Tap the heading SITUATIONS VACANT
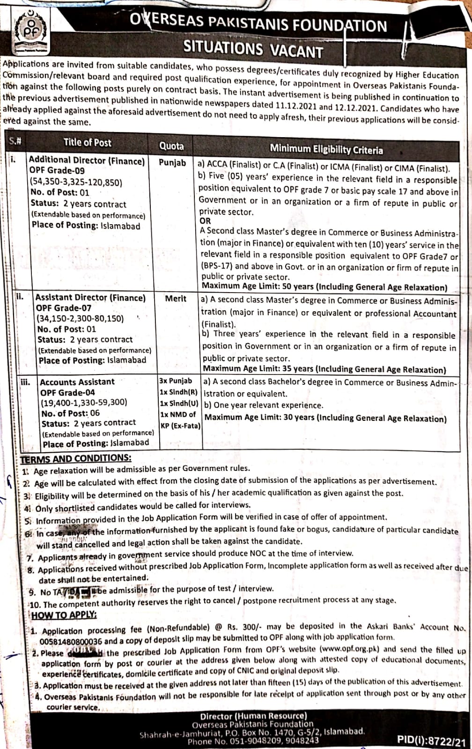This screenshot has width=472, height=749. pos(253,49)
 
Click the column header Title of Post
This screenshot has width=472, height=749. pos(88,142)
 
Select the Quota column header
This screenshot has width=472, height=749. pos(171,146)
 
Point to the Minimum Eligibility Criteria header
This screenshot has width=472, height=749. pos(326,149)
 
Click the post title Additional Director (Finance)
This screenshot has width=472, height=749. pos(87,161)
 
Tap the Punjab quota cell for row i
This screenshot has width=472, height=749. pos(172,163)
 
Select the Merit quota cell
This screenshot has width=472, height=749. pos(176,299)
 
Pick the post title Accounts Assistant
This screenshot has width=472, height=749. pos(77,382)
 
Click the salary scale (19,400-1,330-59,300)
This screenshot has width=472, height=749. pos(84,402)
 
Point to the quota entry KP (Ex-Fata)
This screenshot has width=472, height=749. pos(180,426)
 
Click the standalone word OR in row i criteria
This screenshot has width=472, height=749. pos(205,221)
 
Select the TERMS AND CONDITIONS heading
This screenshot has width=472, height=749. pos(76,458)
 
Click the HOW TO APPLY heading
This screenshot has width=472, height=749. pos(65,615)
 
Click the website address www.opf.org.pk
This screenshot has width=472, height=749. pos(349,649)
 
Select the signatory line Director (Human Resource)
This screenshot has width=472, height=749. pos(253,716)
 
